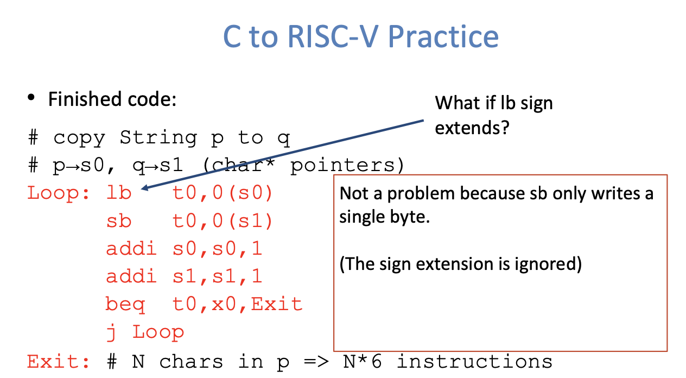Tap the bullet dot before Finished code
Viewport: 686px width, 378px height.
(x=32, y=99)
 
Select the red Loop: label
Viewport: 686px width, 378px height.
(x=59, y=193)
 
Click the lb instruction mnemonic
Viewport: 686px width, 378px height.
(x=119, y=193)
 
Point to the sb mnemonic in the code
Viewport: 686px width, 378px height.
(x=119, y=220)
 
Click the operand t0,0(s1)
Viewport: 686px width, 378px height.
(x=223, y=220)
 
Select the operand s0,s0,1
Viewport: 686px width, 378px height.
(x=217, y=249)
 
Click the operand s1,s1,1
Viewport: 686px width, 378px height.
(x=217, y=276)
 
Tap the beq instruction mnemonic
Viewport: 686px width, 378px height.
(x=125, y=304)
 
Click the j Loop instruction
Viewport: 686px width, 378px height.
(x=145, y=332)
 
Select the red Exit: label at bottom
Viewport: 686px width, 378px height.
(x=59, y=361)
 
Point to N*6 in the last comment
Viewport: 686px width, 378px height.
(x=364, y=361)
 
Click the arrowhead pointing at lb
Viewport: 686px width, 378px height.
(x=144, y=188)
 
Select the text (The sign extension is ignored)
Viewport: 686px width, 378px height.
(x=460, y=264)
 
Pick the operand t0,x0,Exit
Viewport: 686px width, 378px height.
(x=237, y=304)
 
